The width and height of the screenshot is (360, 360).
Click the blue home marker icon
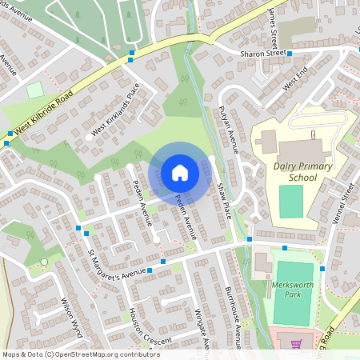(x=179, y=173)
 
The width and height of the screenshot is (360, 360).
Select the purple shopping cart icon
(x=295, y=344)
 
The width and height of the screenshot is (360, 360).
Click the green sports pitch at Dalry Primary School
(x=291, y=201)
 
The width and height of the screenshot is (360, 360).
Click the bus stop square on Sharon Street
(x=290, y=54)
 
